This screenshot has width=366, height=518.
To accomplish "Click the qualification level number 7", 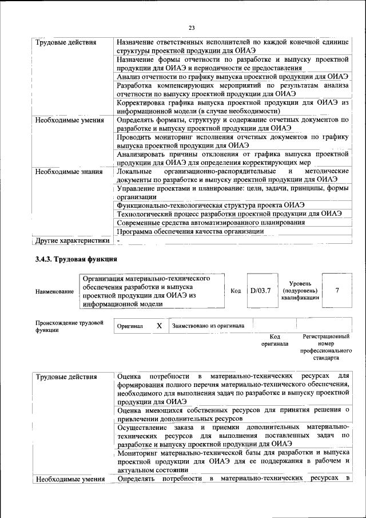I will [337, 291].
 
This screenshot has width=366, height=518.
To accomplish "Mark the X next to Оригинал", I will [160, 326].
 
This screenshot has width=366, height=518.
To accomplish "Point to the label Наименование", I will [54, 292].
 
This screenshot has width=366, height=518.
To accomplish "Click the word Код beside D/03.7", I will [235, 291].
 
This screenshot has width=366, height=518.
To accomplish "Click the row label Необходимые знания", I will [69, 171].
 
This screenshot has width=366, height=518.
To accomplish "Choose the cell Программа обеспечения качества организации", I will [190, 231].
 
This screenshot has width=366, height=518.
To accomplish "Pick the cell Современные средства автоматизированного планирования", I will [210, 222].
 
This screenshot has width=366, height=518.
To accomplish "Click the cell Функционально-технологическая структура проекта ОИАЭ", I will [210, 204].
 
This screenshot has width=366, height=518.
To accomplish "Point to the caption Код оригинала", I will [274, 341].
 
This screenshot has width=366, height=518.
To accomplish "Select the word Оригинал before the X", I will [129, 326].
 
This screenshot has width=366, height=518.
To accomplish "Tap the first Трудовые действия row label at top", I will [65, 43].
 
